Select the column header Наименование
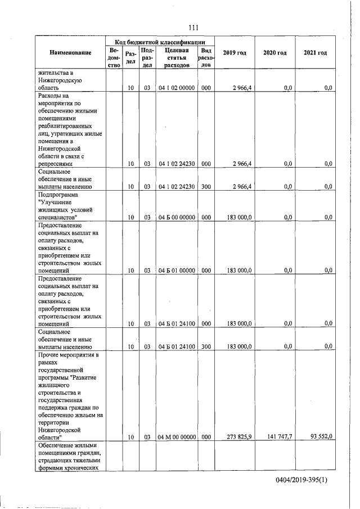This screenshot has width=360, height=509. coord(70,52)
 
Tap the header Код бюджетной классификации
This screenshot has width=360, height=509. coord(159,42)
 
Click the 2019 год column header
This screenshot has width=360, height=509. coord(233,52)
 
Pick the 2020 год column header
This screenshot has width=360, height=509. coord(274,52)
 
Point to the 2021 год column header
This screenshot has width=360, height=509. coord(315,52)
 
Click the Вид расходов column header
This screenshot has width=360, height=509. coord(206,57)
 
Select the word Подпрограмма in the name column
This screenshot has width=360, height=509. coord(60,195)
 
